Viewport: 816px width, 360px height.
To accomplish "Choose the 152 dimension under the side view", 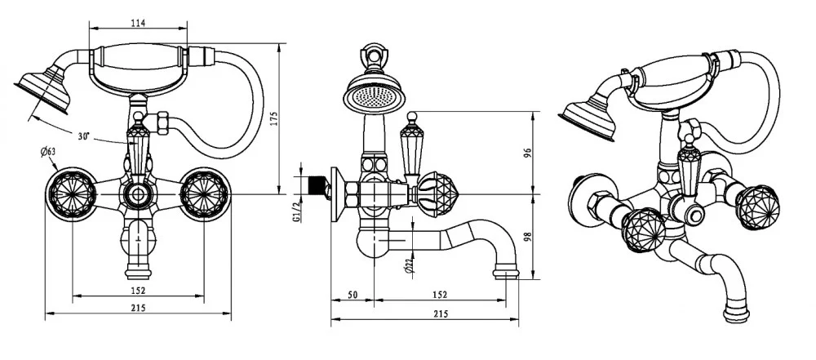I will (438, 295).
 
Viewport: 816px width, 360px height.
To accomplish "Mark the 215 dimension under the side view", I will (440, 313).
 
